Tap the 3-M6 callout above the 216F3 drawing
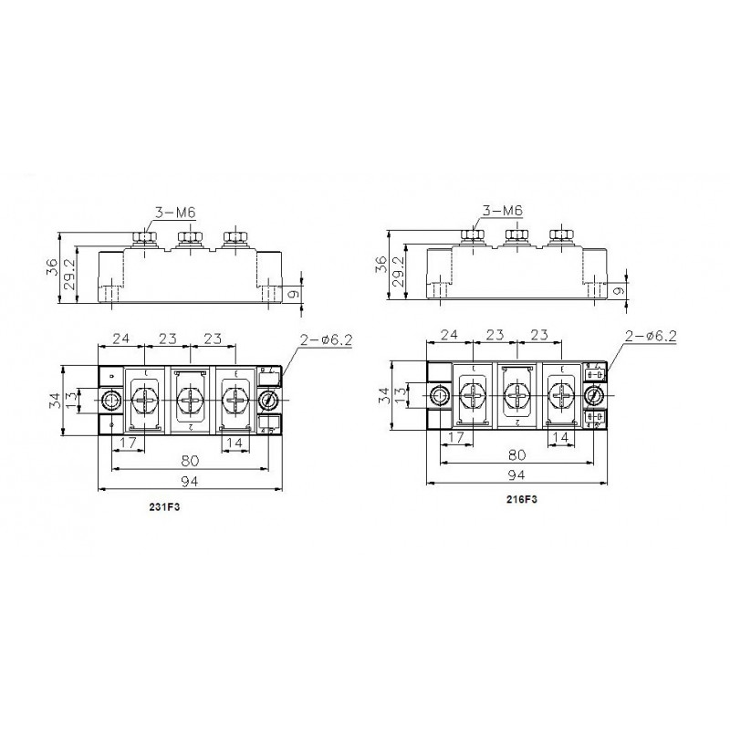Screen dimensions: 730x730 coord(503,211)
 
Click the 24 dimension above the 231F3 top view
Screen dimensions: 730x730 coord(119,339)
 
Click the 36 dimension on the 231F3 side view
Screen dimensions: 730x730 coord(53,267)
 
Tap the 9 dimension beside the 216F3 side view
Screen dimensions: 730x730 coord(620,292)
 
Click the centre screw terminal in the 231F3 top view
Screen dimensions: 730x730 coord(190,400)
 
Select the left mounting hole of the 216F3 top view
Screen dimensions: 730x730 coord(439,395)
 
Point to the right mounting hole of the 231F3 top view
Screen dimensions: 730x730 coord(269,400)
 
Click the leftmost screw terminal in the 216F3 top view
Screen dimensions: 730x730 coord(472,395)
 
